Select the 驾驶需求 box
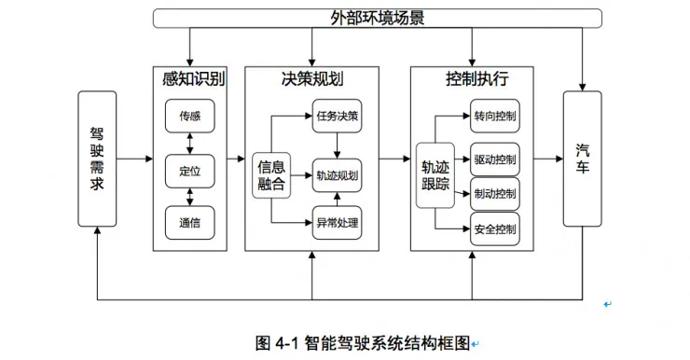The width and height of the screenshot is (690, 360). click(97, 159)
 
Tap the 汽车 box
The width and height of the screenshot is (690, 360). click(582, 159)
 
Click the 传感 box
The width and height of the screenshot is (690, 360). click(189, 117)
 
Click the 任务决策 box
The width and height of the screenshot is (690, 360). click(336, 117)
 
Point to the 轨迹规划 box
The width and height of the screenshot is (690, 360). click(336, 174)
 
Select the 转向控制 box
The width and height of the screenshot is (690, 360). click(494, 117)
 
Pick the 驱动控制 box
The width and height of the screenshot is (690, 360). click(494, 159)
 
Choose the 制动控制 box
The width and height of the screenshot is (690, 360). click(494, 193)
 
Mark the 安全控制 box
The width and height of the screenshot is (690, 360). click(494, 228)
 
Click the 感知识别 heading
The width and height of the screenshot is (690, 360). click(189, 78)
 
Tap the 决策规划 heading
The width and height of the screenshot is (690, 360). click(311, 78)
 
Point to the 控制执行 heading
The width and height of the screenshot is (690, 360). click(471, 78)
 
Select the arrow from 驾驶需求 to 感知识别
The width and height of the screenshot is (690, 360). click(135, 159)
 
